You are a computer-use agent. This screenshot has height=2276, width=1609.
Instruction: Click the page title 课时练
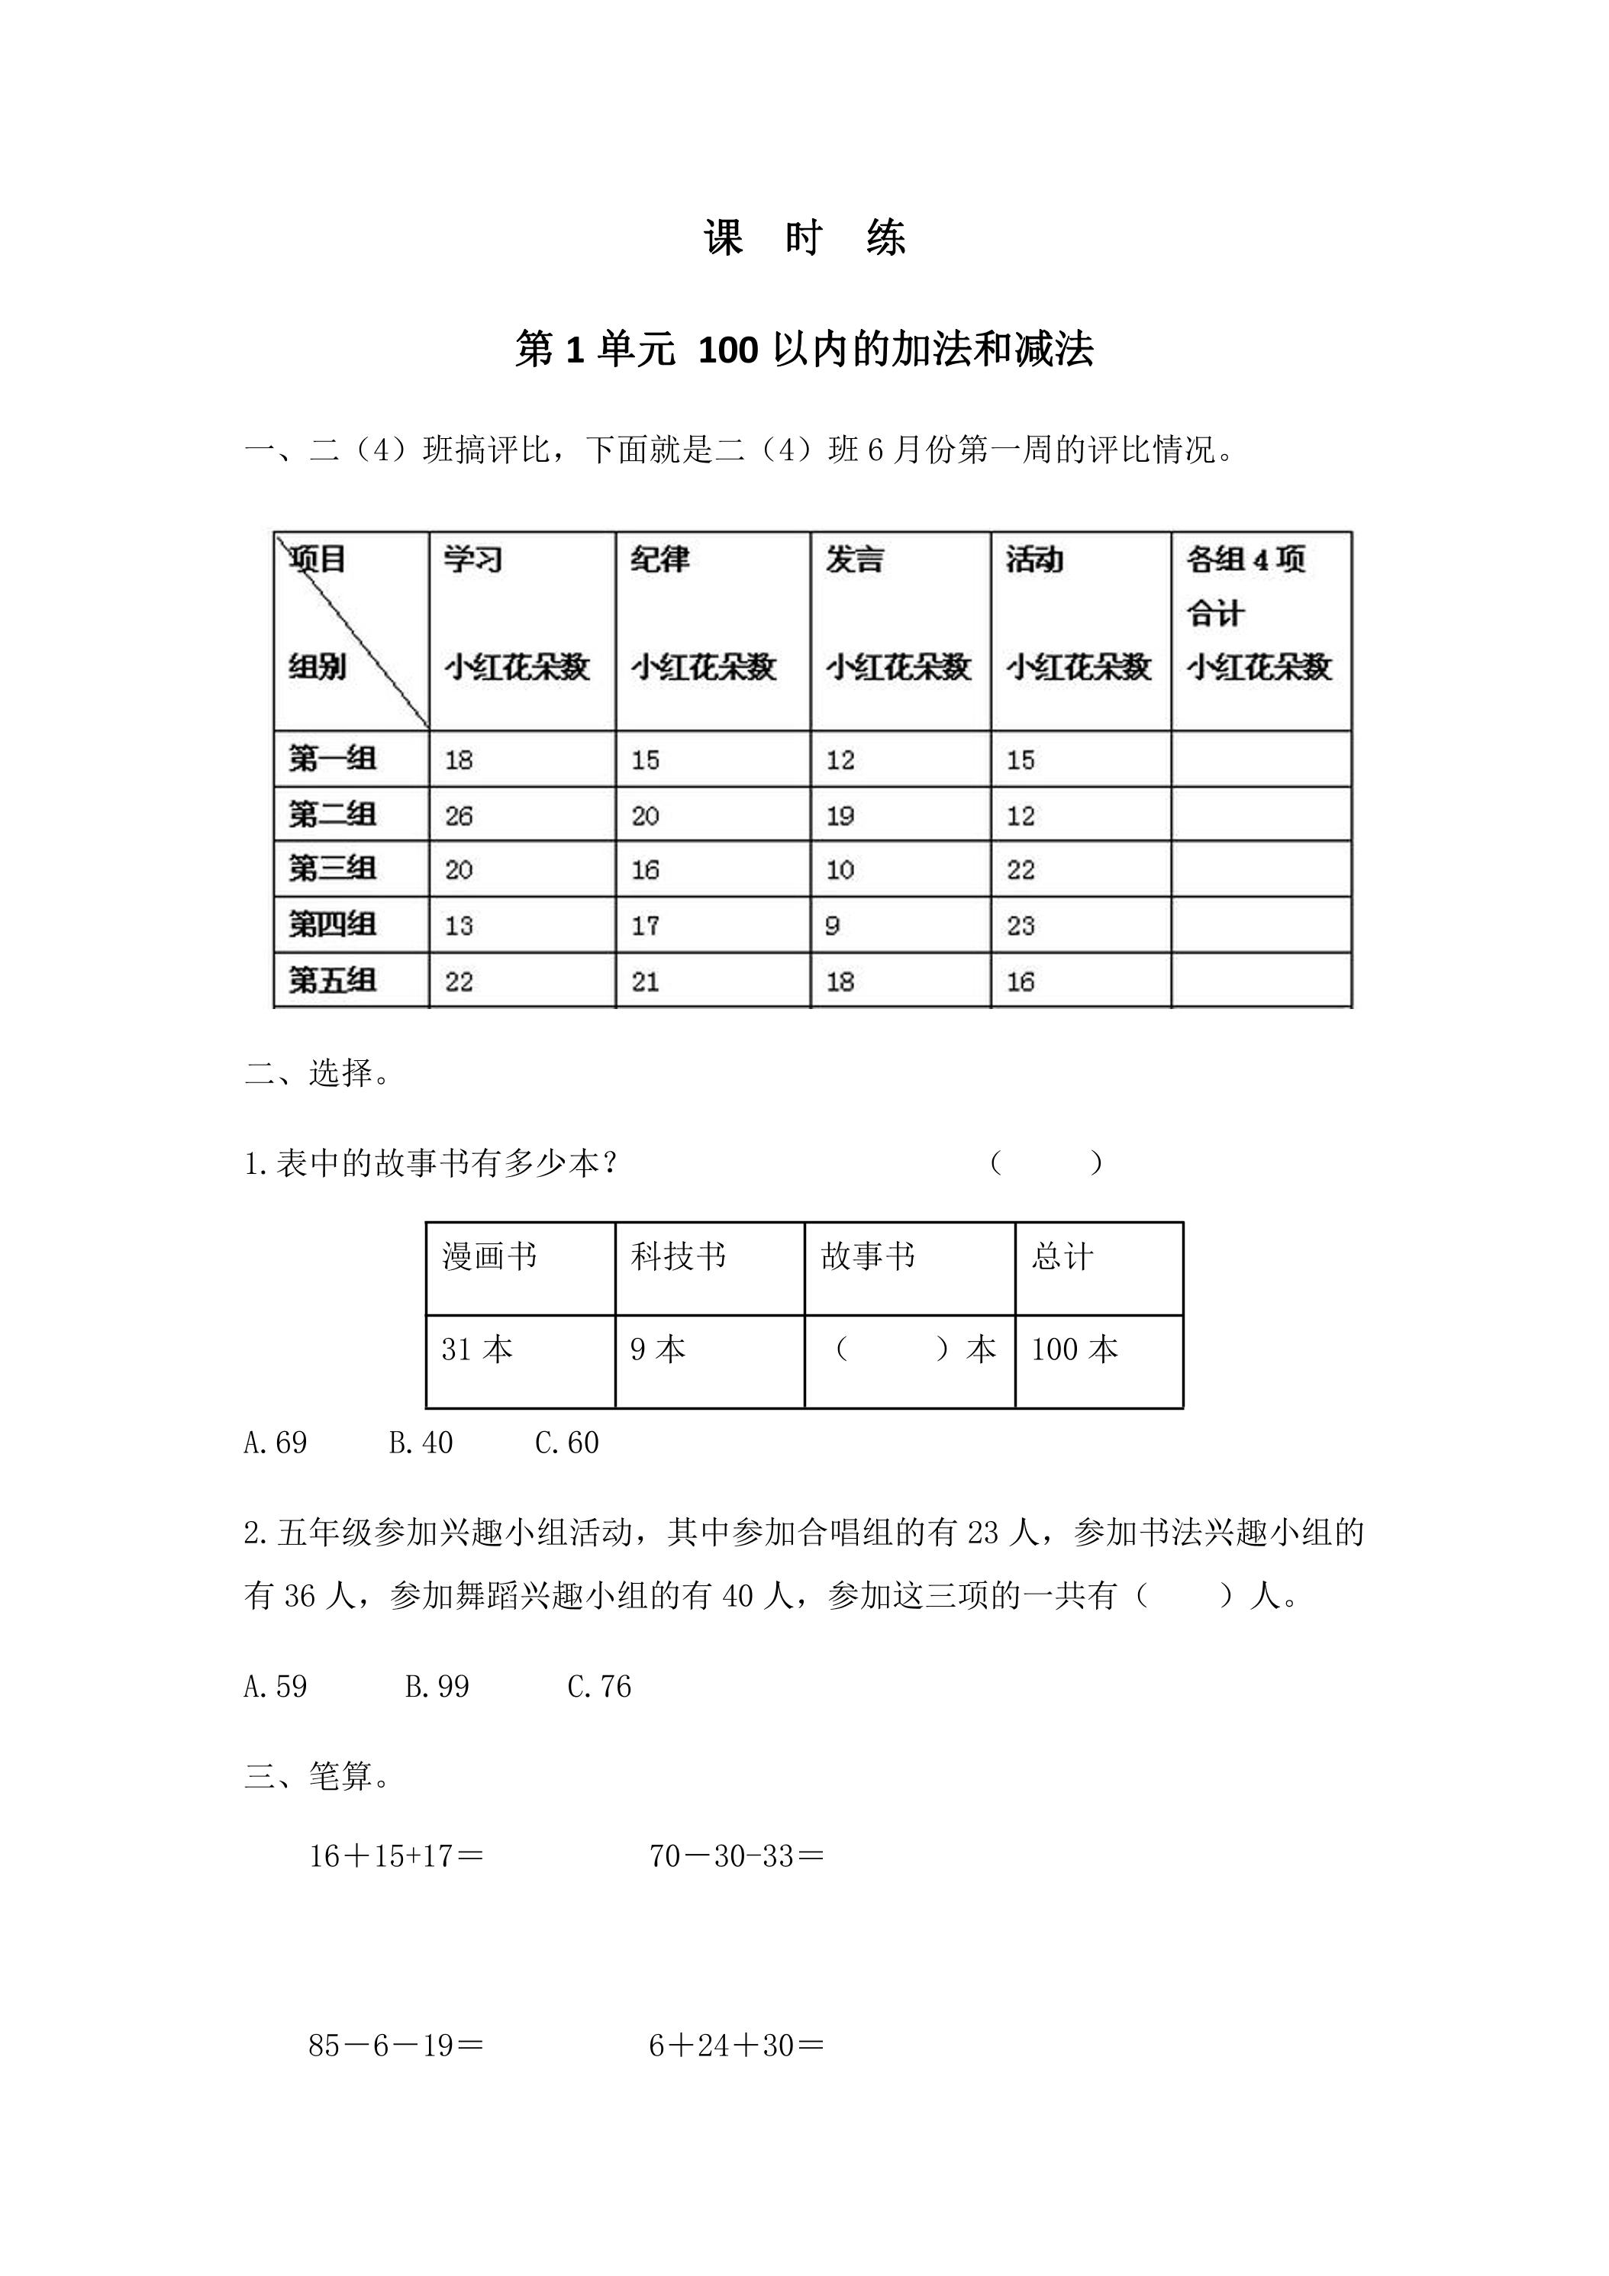point(804,239)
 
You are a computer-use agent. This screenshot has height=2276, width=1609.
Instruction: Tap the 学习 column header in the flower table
point(473,560)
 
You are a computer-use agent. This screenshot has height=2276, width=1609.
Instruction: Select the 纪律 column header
point(660,560)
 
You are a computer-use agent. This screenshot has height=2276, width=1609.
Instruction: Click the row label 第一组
point(332,759)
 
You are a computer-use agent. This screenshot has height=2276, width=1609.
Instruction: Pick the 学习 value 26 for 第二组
point(459,816)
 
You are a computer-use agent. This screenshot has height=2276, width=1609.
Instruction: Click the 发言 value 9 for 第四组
point(833,926)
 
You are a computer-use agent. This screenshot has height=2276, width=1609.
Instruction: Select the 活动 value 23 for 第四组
point(1021,926)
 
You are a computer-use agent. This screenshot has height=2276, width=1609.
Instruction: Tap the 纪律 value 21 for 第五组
point(646,982)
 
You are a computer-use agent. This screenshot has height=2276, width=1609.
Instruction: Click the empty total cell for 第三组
point(1261,869)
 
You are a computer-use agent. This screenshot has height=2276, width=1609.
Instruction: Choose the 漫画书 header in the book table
point(490,1257)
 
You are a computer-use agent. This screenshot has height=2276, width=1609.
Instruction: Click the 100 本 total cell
point(1075,1349)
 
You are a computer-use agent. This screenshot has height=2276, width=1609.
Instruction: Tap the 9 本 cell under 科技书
point(658,1349)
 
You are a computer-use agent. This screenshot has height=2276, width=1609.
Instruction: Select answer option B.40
point(421,1443)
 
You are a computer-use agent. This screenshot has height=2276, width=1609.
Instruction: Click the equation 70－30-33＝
point(737,1855)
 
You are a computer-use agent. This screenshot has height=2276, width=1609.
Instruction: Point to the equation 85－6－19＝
point(395,2045)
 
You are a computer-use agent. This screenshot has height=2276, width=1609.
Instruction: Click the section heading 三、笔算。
point(318,1775)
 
